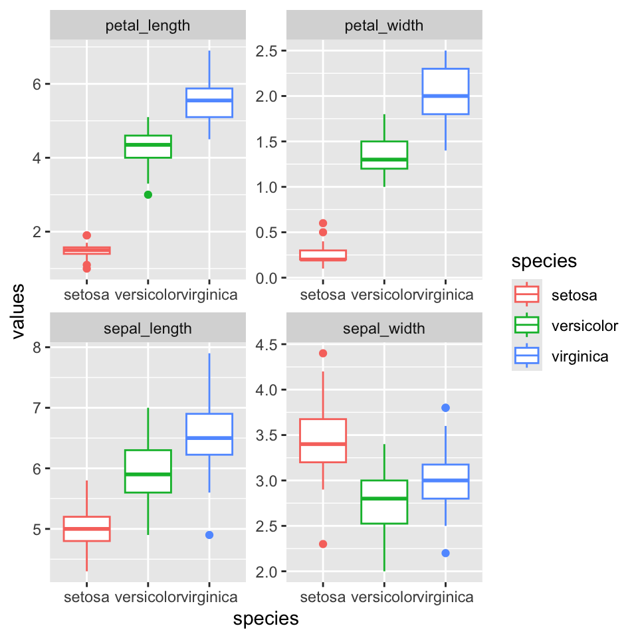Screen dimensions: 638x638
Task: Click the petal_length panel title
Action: (x=148, y=26)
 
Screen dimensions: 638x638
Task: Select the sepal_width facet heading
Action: (x=383, y=328)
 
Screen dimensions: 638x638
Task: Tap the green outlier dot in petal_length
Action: (x=148, y=195)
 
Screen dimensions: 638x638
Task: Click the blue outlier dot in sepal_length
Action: (x=209, y=535)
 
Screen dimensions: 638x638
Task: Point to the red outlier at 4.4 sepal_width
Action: (x=323, y=353)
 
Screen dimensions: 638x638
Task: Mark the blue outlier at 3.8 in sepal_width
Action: (x=445, y=407)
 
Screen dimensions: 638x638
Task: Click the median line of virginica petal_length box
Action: (x=209, y=100)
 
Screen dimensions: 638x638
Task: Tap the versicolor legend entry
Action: (x=585, y=326)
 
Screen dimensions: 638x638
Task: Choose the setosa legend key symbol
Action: (x=527, y=294)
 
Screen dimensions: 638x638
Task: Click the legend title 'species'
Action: (x=544, y=261)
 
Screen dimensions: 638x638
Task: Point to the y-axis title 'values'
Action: (x=18, y=312)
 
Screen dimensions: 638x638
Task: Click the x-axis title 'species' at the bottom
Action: (x=266, y=619)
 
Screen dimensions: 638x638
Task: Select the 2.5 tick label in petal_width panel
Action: (x=266, y=51)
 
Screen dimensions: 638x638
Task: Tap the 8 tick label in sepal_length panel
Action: (x=37, y=348)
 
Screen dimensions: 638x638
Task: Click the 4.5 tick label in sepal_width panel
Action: (x=266, y=345)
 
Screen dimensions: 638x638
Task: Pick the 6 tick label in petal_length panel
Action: (x=37, y=84)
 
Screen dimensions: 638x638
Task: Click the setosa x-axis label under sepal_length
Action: (x=86, y=597)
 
